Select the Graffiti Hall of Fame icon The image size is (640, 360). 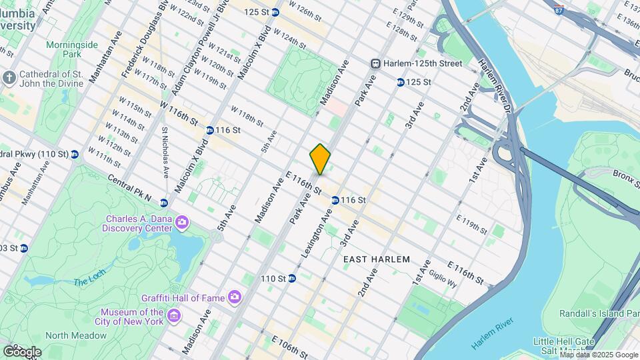(x=234, y=297)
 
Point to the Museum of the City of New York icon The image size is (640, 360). (x=173, y=315)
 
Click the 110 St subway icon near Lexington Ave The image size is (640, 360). (x=292, y=278)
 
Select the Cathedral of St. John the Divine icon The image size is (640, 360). (x=9, y=78)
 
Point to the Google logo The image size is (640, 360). (x=22, y=351)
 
